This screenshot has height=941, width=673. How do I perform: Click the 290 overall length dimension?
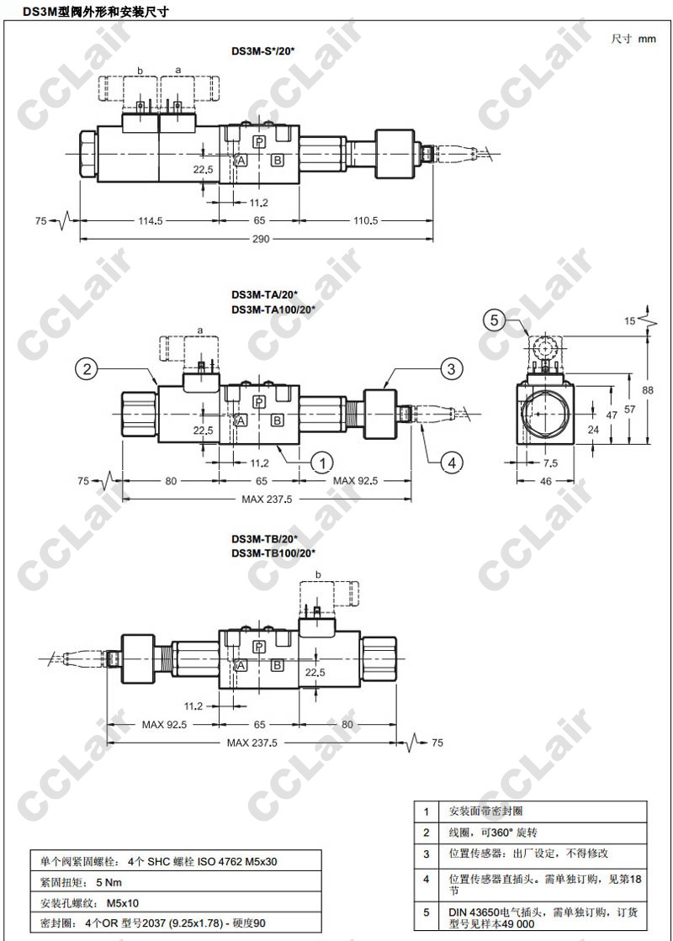click(x=261, y=239)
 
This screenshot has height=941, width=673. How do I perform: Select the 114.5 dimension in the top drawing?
click(x=150, y=221)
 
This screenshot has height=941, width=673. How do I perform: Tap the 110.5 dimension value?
click(x=366, y=221)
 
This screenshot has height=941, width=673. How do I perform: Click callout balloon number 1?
click(x=323, y=463)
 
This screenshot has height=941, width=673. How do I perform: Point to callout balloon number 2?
click(x=87, y=368)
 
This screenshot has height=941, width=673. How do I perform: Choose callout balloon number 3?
click(x=452, y=368)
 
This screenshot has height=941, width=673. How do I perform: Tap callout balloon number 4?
click(x=452, y=463)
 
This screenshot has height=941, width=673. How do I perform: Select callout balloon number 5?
click(x=494, y=320)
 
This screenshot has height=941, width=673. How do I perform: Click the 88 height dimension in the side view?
click(x=647, y=390)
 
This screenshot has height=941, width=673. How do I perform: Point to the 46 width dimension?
click(x=545, y=481)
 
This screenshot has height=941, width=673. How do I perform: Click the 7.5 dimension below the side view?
click(x=550, y=463)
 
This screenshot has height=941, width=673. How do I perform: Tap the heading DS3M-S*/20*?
click(x=263, y=51)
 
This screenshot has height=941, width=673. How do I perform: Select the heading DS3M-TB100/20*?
click(x=273, y=552)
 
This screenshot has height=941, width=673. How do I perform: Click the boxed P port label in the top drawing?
click(x=259, y=141)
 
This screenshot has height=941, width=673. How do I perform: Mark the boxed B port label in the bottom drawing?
click(x=278, y=665)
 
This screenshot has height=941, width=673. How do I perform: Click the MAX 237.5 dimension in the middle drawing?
click(x=267, y=500)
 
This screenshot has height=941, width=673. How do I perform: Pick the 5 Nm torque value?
click(x=109, y=882)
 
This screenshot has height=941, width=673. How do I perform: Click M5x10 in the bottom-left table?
click(x=123, y=902)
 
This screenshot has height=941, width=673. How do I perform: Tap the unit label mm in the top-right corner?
click(x=647, y=39)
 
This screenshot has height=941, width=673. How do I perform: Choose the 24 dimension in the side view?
click(x=593, y=430)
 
